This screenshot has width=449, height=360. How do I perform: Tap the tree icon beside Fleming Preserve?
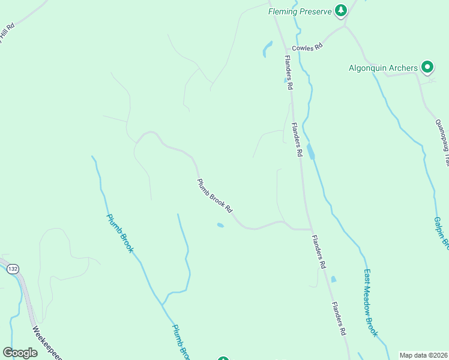[x=341, y=10]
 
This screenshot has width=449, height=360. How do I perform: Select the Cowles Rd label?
[x=307, y=47]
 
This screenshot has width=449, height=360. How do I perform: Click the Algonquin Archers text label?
[x=383, y=68]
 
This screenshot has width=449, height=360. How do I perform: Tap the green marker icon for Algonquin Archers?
[x=427, y=67]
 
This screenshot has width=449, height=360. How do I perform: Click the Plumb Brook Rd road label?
[x=214, y=196]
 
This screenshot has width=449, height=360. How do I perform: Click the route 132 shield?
[x=13, y=269]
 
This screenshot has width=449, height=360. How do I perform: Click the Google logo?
[x=20, y=353]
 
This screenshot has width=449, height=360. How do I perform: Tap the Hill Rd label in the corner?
[x=7, y=30]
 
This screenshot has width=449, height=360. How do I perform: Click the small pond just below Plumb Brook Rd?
[x=220, y=226]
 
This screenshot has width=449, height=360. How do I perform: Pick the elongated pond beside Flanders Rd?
[x=310, y=151]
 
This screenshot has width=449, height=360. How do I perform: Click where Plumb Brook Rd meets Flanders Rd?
[x=311, y=229]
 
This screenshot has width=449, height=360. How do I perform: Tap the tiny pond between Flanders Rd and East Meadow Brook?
[x=333, y=279]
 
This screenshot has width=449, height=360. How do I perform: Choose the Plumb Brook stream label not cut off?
[x=119, y=233]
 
